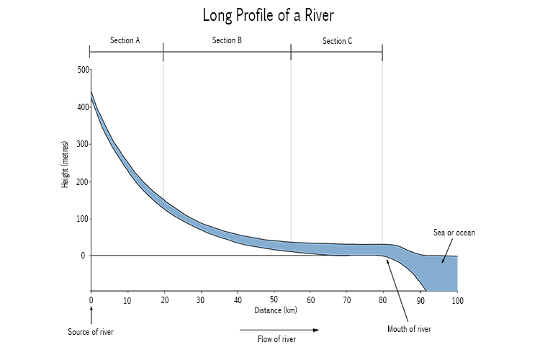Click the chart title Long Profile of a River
(269, 15)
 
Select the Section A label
(125, 40)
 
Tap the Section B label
(227, 40)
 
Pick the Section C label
(337, 41)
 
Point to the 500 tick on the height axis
(82, 70)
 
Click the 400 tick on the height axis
(82, 107)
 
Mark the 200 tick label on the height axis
(82, 181)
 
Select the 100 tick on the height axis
(82, 219)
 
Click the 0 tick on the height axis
(83, 256)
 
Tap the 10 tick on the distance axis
(127, 300)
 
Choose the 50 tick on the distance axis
(274, 300)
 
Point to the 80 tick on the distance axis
(384, 300)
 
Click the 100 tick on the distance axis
(456, 300)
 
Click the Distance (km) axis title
(275, 311)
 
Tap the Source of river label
(91, 332)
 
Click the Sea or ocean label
(454, 233)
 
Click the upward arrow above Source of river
(91, 315)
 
